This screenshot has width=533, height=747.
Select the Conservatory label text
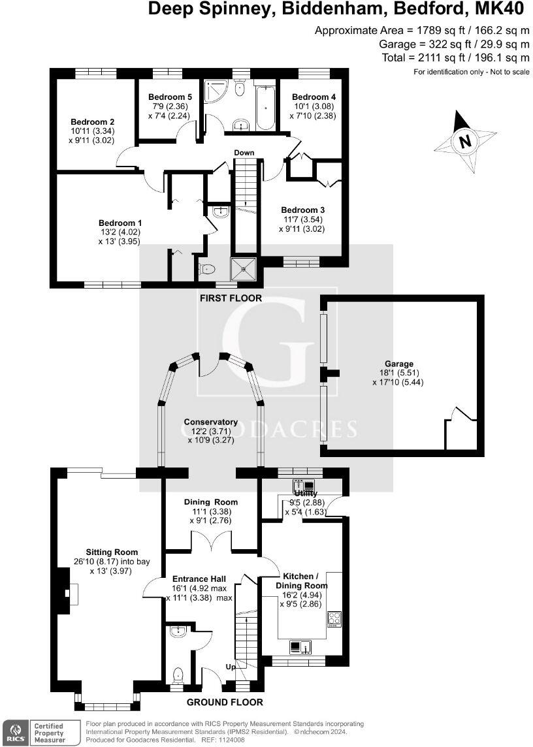[x=210, y=422]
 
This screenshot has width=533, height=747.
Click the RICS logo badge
[x=15, y=731]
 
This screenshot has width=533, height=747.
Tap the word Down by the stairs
[x=244, y=153]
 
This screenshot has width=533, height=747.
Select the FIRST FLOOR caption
[x=231, y=298]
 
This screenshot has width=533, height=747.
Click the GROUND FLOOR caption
[x=224, y=702]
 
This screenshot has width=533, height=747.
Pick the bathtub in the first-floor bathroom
[x=265, y=106]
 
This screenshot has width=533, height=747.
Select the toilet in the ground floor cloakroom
[x=177, y=675]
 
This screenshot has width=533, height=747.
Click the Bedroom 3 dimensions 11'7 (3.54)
[x=302, y=219]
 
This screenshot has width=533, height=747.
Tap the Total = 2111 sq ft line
[x=455, y=57]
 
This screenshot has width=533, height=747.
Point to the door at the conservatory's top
[x=206, y=366]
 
